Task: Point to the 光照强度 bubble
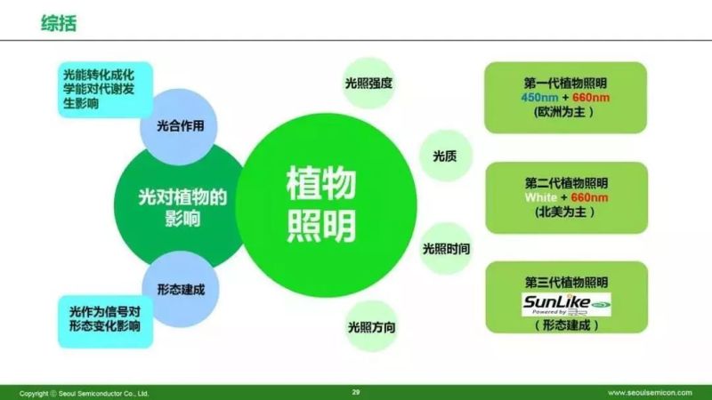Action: [369, 84]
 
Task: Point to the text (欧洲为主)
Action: [565, 113]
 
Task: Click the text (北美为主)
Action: [565, 212]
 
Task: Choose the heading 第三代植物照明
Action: [565, 283]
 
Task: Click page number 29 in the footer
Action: [356, 391]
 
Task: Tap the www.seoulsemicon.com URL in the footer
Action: [654, 392]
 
